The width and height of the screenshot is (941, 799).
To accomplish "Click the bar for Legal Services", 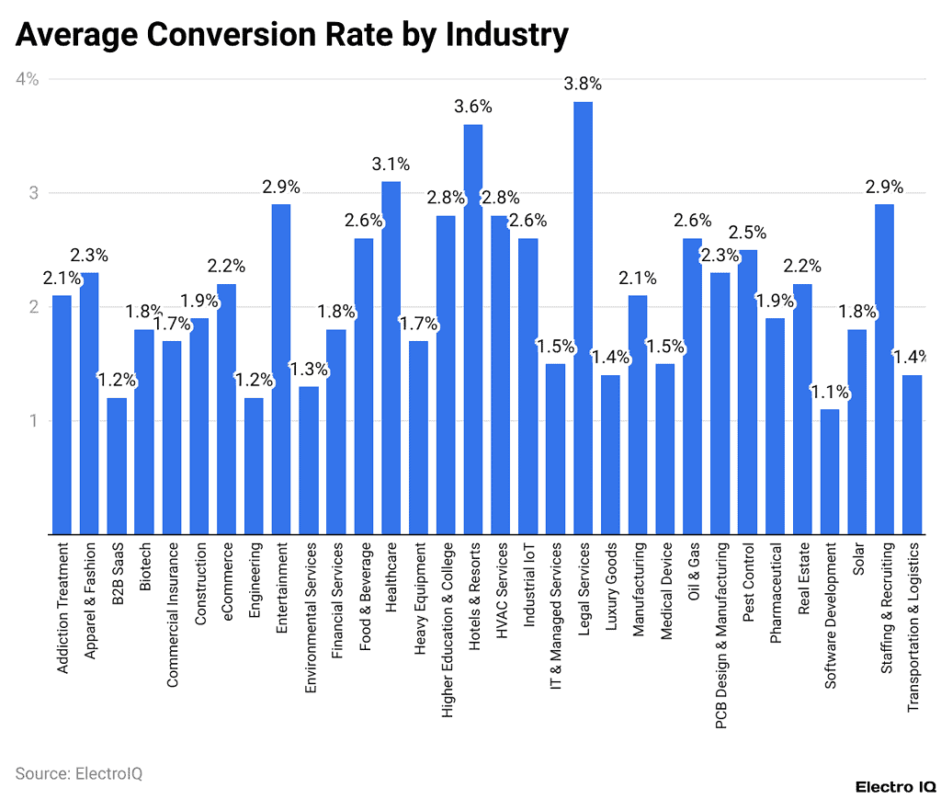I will click(583, 317).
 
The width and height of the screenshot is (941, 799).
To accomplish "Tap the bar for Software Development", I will click(830, 471).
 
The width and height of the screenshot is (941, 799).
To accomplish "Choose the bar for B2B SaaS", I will click(117, 465).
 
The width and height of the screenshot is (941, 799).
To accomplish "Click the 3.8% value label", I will click(583, 84).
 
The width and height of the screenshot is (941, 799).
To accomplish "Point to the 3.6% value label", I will click(473, 107).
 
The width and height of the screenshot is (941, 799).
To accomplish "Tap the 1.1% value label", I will click(830, 393).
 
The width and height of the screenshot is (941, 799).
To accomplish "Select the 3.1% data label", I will click(391, 165).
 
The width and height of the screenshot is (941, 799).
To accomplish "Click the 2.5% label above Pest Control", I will click(747, 233).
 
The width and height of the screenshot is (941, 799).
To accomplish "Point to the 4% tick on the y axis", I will click(27, 79).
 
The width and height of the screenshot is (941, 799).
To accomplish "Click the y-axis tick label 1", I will click(33, 421).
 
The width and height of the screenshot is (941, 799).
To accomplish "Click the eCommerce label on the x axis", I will click(227, 584).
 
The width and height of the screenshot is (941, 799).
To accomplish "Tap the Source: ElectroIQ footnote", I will click(78, 773).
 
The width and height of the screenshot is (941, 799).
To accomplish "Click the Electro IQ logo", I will click(895, 786).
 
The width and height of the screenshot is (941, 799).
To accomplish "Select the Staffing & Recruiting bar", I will click(885, 369).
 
